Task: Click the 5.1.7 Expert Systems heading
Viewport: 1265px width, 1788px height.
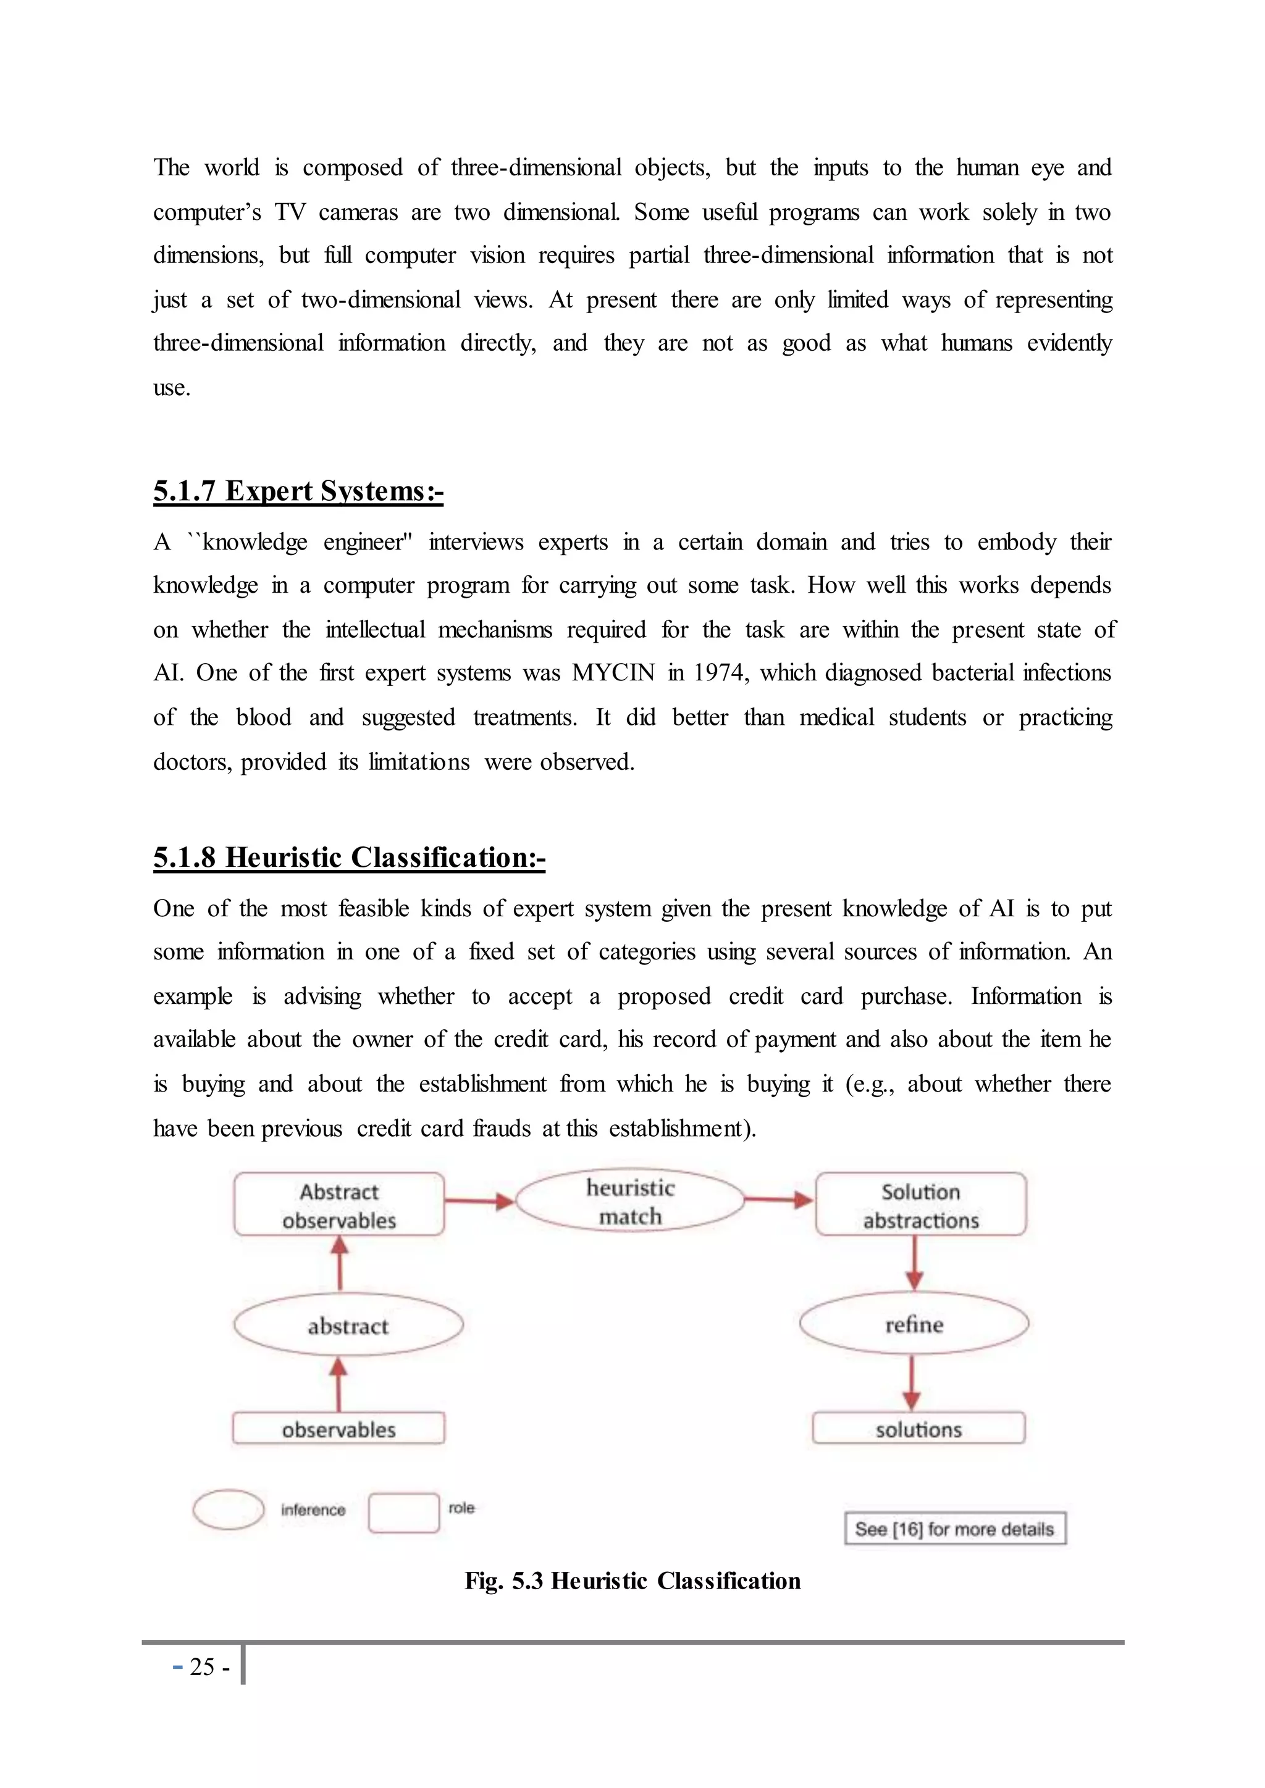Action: click(x=298, y=491)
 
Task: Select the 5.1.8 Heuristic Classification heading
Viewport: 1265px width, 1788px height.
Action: click(x=349, y=858)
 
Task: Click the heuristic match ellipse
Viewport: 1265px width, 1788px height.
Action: click(x=630, y=1201)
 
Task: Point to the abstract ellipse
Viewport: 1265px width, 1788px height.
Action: click(x=348, y=1326)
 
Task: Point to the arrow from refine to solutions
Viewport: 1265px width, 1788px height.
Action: click(x=913, y=1383)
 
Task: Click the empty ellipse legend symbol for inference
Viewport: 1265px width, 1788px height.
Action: click(x=228, y=1509)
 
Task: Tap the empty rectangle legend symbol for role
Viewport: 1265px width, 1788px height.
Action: click(x=403, y=1512)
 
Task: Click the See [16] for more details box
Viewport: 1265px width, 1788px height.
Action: click(x=955, y=1529)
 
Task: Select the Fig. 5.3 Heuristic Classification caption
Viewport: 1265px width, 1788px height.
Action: click(x=632, y=1581)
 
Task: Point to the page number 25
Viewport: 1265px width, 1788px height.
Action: click(x=202, y=1666)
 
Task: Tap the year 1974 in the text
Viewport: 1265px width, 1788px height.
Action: click(x=721, y=673)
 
